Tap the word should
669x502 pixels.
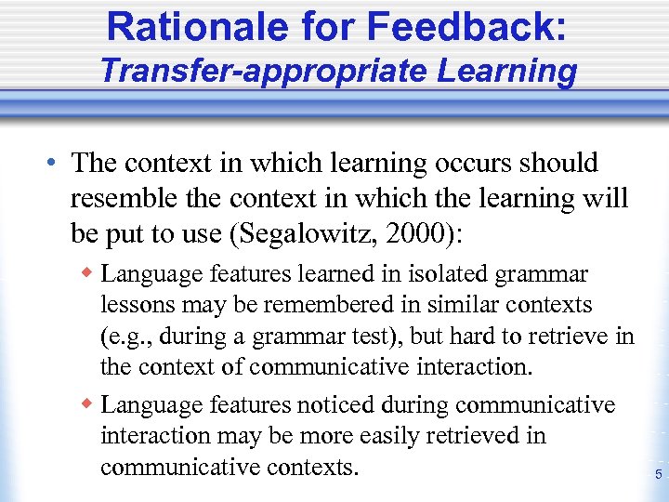[557, 164]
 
